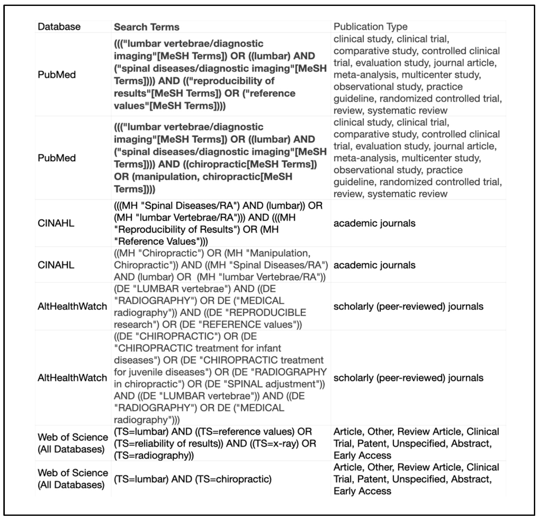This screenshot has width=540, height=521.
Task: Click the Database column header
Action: click(x=59, y=27)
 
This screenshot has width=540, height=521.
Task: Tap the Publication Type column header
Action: click(x=370, y=26)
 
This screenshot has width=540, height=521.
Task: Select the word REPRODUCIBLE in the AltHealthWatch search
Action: click(x=268, y=313)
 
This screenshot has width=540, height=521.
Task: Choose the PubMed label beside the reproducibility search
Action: click(x=56, y=74)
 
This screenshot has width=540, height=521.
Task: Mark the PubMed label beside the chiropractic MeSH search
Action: click(x=56, y=158)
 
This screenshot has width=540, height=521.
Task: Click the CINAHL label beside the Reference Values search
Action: click(x=56, y=223)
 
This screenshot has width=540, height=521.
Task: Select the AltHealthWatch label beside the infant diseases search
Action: click(x=72, y=378)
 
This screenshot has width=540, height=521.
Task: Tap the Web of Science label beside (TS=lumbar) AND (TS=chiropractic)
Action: click(x=73, y=479)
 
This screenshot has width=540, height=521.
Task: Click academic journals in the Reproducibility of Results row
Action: click(x=374, y=223)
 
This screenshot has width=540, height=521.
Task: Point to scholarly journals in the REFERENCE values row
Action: click(x=408, y=306)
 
